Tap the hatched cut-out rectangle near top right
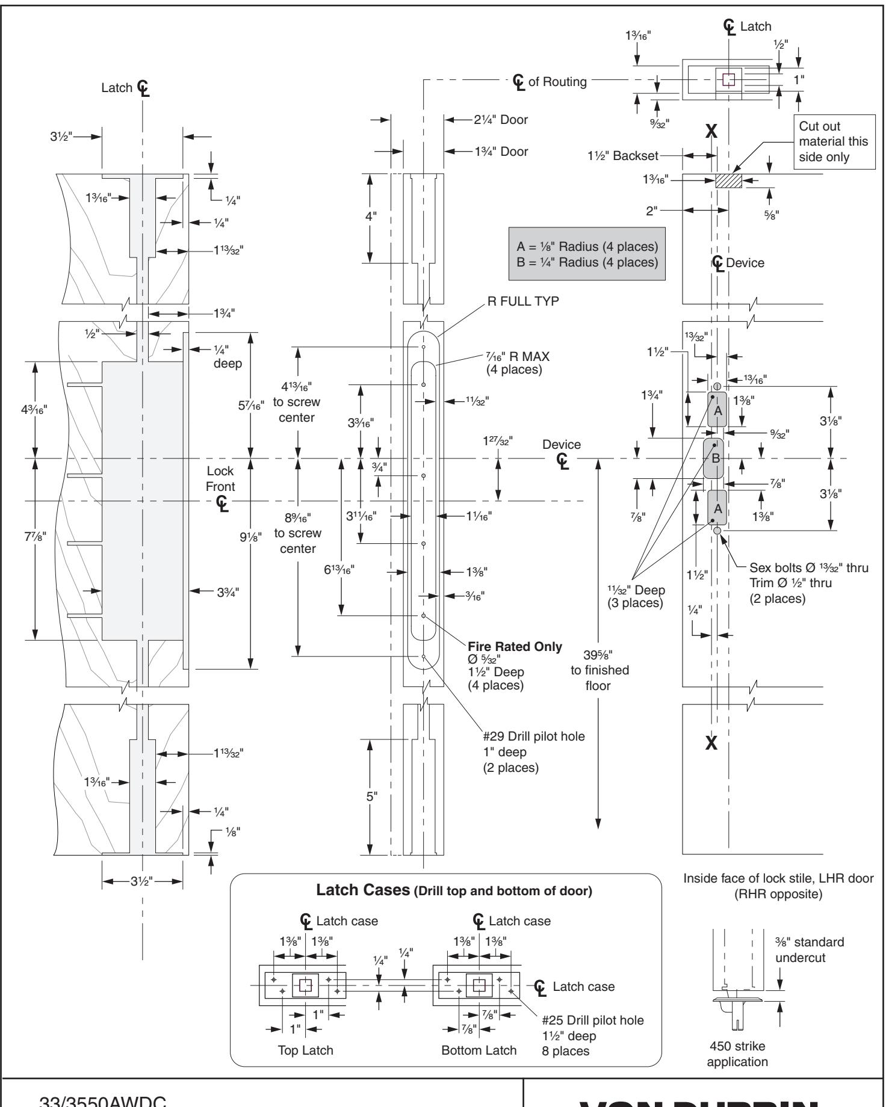pyautogui.click(x=728, y=181)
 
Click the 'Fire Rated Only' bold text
pyautogui.click(x=515, y=647)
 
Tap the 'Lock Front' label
pyautogui.click(x=220, y=479)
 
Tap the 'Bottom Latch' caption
pyautogui.click(x=479, y=1050)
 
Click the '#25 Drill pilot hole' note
pyautogui.click(x=592, y=1020)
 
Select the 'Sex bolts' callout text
pyautogui.click(x=808, y=567)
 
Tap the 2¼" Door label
pyautogui.click(x=500, y=120)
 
